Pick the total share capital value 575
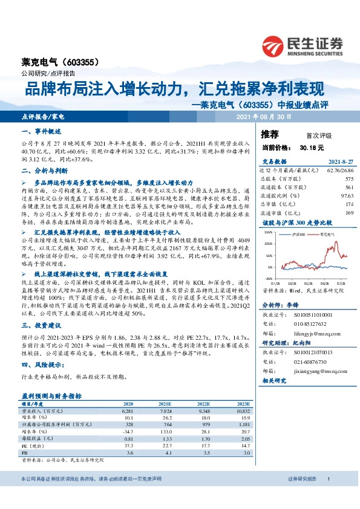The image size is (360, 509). tap(349, 179)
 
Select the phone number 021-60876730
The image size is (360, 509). tap(310, 361)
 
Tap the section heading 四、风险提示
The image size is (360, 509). tap(42, 365)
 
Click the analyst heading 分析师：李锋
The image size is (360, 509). tap(280, 306)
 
